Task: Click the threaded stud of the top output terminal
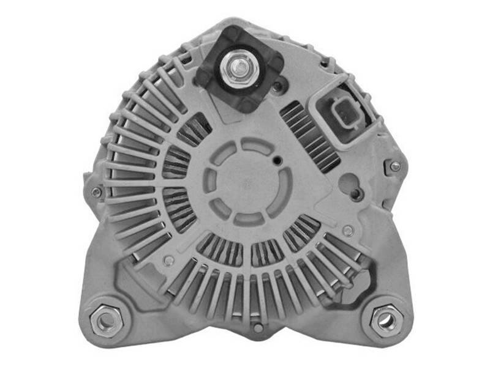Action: pyautogui.click(x=238, y=63)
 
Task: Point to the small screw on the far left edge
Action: pyautogui.click(x=96, y=192)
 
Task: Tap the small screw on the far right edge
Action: pyautogui.click(x=395, y=166)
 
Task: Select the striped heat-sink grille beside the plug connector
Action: pyautogui.click(x=309, y=135)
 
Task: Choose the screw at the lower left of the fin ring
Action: pyautogui.click(x=169, y=260)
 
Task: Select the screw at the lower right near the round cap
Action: pyautogui.click(x=348, y=231)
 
